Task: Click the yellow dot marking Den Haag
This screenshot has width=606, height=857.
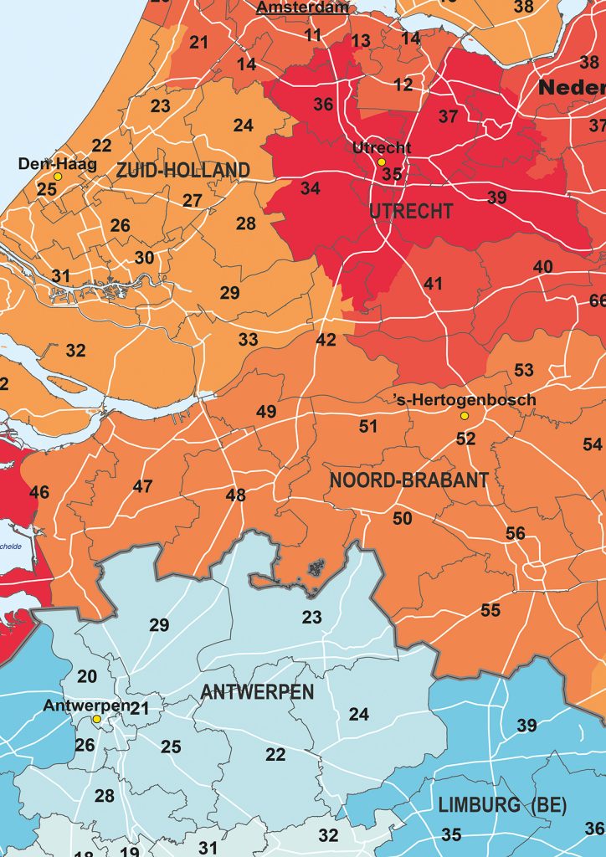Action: [x=58, y=177]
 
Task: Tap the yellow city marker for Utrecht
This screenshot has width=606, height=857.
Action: [x=381, y=162]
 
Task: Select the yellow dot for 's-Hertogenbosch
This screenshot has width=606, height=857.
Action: [x=464, y=416]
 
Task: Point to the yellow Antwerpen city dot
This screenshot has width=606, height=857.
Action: [x=97, y=719]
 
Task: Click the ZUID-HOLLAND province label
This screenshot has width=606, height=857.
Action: [x=182, y=171]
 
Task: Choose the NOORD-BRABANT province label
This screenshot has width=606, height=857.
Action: [x=408, y=480]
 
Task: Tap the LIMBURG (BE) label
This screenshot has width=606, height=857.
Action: [x=502, y=806]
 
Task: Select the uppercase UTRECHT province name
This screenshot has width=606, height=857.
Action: [x=411, y=211]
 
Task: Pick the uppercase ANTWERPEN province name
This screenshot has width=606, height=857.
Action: [x=257, y=691]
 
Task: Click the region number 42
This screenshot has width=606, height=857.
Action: [x=326, y=340]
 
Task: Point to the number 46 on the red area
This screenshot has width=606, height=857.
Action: [x=39, y=492]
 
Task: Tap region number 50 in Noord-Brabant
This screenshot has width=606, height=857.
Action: [x=403, y=519]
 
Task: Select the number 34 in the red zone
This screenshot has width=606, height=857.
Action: [x=311, y=188]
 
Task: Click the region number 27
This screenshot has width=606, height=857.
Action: [x=193, y=201]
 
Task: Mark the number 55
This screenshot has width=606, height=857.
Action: [x=490, y=610]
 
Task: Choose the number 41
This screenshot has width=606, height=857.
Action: [x=433, y=284]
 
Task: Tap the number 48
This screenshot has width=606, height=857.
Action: [x=236, y=495]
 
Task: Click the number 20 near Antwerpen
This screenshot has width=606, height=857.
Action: [x=87, y=676]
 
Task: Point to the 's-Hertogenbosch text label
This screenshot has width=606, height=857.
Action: [x=465, y=400]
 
